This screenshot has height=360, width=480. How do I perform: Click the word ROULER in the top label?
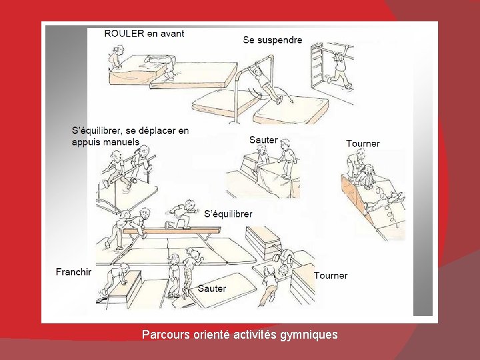point(124,33)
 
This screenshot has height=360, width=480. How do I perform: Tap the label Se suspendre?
point(273,40)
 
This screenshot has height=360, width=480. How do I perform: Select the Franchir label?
point(74,272)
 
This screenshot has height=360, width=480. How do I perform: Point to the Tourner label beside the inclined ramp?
point(363,143)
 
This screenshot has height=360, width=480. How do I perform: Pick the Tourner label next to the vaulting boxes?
point(331,275)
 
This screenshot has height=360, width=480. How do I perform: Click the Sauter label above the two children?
point(263,140)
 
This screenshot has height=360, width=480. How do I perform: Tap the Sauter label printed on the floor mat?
point(212,289)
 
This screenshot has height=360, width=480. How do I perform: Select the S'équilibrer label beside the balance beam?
point(229,214)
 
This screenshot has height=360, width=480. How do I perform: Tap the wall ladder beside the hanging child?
point(317,65)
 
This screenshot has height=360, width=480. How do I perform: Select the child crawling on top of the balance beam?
point(181,214)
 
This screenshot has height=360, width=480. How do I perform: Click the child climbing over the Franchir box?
point(116,278)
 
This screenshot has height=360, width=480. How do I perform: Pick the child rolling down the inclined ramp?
point(366,177)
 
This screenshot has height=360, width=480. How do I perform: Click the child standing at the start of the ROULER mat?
point(116,57)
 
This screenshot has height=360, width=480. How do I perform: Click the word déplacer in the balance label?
point(157,131)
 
